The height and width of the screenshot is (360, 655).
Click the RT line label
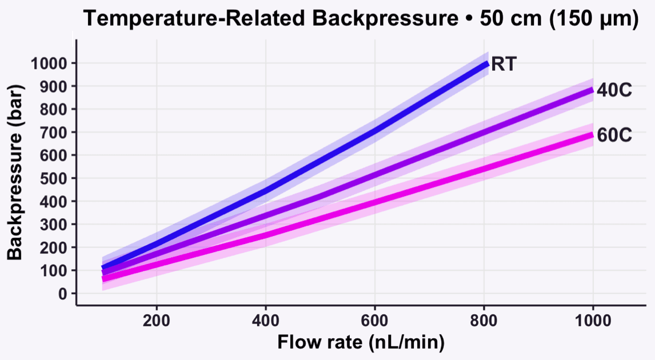(504, 64)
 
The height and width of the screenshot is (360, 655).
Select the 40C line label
(614, 90)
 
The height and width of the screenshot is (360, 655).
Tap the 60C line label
(614, 135)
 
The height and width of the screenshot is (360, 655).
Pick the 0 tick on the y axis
(63, 294)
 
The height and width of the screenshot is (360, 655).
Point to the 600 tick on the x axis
(374, 318)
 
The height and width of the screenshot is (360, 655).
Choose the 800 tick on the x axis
(484, 318)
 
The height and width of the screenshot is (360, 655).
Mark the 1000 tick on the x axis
(593, 318)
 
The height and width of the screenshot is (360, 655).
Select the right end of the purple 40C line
(592, 89)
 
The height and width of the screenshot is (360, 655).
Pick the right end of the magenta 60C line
(592, 135)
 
